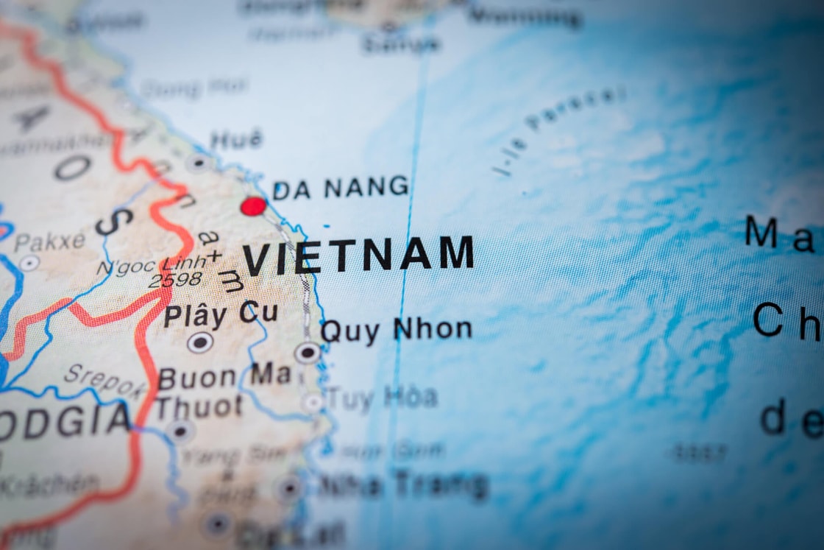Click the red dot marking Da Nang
coord(253,206)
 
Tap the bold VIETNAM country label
coord(358,255)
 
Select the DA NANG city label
coord(340,188)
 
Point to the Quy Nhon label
coord(396,330)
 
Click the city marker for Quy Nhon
coord(308,353)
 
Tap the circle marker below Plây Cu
coord(199,342)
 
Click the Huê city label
coord(236,139)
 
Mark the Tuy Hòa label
coord(382,398)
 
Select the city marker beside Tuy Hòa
coord(313,402)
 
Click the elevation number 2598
coord(174,280)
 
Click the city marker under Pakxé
coord(29,263)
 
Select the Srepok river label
coord(103,381)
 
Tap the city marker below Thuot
coord(180,431)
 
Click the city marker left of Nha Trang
coord(289,487)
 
